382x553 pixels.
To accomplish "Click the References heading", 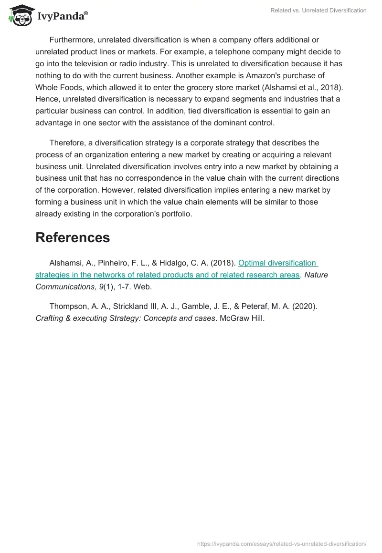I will point(73,237).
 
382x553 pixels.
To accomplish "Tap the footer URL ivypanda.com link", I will point(282,543).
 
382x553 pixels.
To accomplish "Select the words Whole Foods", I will point(59,87).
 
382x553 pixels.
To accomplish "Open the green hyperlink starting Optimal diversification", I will point(277,263).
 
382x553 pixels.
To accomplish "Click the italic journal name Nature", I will point(317,275).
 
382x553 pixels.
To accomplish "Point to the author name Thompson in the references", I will point(68,306).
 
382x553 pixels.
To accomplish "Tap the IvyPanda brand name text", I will point(62,16).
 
